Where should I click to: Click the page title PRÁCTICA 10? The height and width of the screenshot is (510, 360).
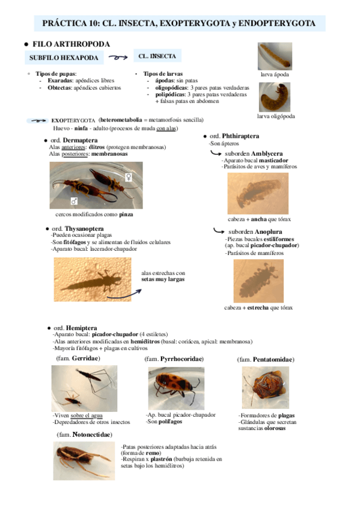[x=178, y=23]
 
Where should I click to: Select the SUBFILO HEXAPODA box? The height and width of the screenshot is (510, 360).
[x=63, y=58]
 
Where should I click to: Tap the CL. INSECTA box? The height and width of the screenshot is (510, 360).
[x=157, y=57]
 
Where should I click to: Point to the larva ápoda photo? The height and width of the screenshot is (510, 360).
[x=275, y=56]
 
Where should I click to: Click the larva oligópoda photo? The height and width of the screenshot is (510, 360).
[x=275, y=96]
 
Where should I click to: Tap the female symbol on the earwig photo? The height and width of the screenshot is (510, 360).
[x=128, y=177]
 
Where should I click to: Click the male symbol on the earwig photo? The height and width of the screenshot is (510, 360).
[x=73, y=201]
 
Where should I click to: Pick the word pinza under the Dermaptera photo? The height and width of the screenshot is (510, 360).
[x=126, y=214]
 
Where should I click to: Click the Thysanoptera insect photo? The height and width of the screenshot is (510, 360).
[x=91, y=279]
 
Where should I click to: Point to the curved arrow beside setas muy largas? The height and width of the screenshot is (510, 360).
[x=133, y=293]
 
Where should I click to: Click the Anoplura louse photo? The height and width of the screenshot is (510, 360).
[x=258, y=280]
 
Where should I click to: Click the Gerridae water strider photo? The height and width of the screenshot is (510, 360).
[x=84, y=388]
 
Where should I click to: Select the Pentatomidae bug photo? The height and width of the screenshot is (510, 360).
[x=265, y=387]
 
